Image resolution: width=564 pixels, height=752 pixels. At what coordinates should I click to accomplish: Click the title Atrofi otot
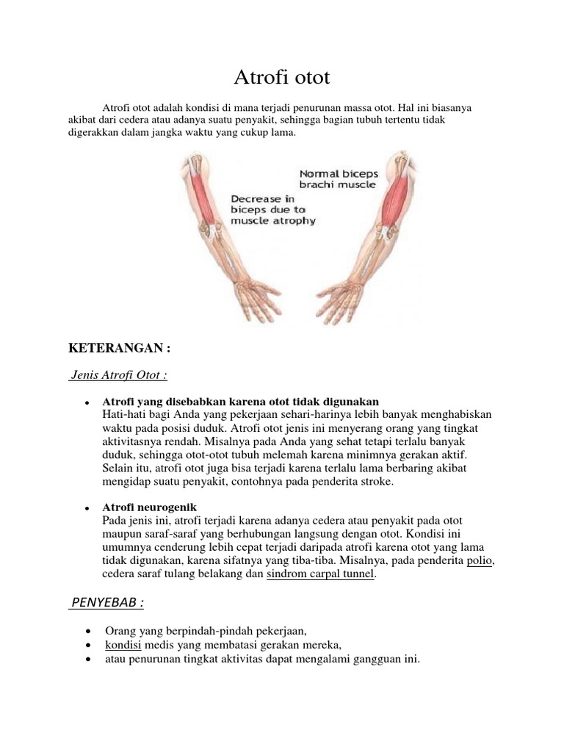281,76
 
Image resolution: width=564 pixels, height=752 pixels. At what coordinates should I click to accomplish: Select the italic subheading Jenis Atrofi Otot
118,375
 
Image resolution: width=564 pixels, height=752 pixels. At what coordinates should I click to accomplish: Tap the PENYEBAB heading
106,603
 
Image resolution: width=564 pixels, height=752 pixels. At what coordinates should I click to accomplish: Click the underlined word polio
480,561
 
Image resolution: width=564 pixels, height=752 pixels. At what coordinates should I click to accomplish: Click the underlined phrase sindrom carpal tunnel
321,575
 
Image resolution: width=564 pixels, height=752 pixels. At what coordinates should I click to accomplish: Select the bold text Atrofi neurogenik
150,508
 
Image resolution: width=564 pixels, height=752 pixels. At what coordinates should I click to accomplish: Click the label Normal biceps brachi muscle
339,179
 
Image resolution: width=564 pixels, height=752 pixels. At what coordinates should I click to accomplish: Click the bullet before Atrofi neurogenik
87,509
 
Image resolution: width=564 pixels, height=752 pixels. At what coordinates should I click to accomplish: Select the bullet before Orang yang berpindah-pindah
88,630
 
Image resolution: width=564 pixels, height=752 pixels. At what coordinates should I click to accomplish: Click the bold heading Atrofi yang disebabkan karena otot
241,402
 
